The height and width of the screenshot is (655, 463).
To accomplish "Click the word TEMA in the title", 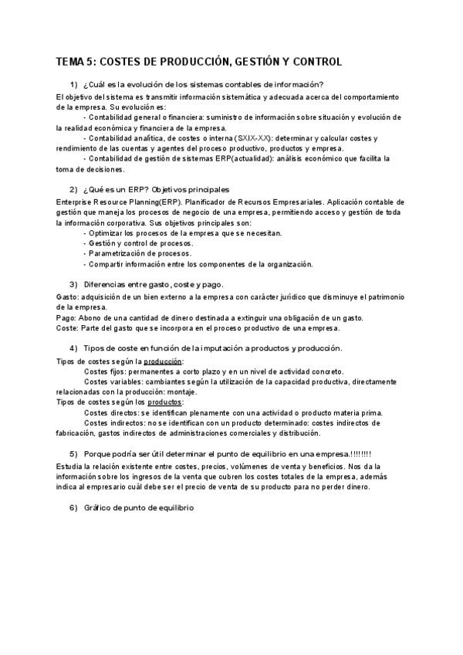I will click(72, 62).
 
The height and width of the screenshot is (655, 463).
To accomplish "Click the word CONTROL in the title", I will click(312, 62).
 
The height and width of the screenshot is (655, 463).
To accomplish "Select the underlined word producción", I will click(164, 361).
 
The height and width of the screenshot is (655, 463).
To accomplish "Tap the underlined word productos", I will click(164, 402).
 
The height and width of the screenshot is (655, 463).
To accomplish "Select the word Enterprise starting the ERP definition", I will click(76, 201).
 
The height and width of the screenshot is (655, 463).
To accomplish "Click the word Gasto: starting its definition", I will click(69, 296).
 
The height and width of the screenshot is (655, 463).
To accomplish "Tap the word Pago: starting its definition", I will click(68, 317).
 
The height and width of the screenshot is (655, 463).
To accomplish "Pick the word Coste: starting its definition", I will click(69, 328).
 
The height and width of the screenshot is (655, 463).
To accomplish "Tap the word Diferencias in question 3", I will click(103, 283).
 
